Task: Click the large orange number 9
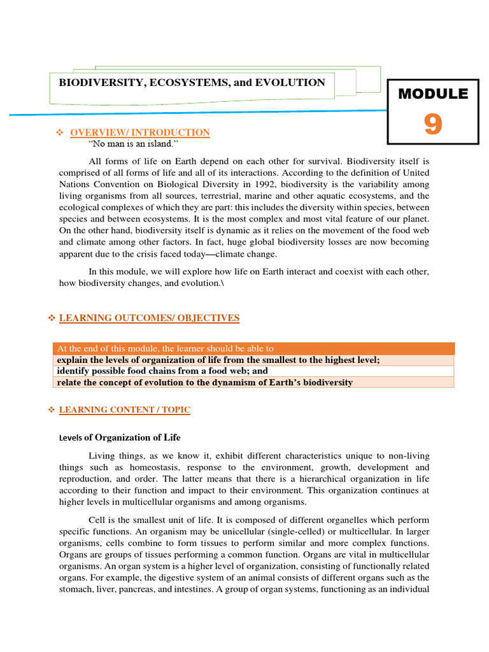click(433, 124)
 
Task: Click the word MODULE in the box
click(433, 94)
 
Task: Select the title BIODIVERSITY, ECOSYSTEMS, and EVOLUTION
click(192, 82)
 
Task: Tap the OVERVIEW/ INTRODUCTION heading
click(139, 132)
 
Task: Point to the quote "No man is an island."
click(134, 143)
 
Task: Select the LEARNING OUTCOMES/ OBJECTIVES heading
click(149, 318)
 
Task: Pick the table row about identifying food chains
click(162, 371)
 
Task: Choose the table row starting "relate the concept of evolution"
click(204, 382)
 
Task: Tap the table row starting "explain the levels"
click(218, 360)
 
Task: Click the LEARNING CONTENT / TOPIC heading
click(124, 410)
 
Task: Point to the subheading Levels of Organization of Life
click(120, 437)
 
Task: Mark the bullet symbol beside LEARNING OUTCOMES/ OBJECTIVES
click(52, 318)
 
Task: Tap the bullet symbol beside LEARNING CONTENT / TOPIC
click(52, 410)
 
